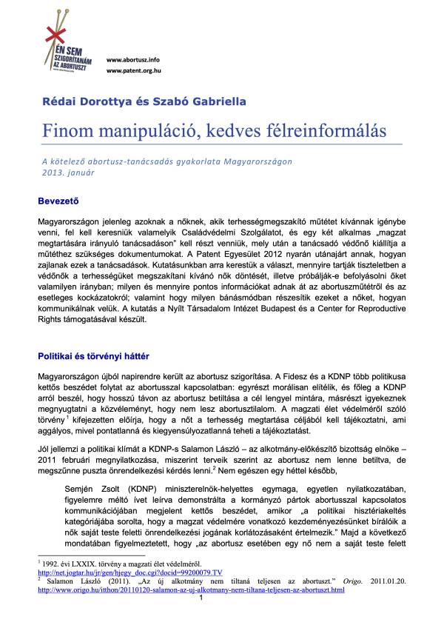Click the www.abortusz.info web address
133,59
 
